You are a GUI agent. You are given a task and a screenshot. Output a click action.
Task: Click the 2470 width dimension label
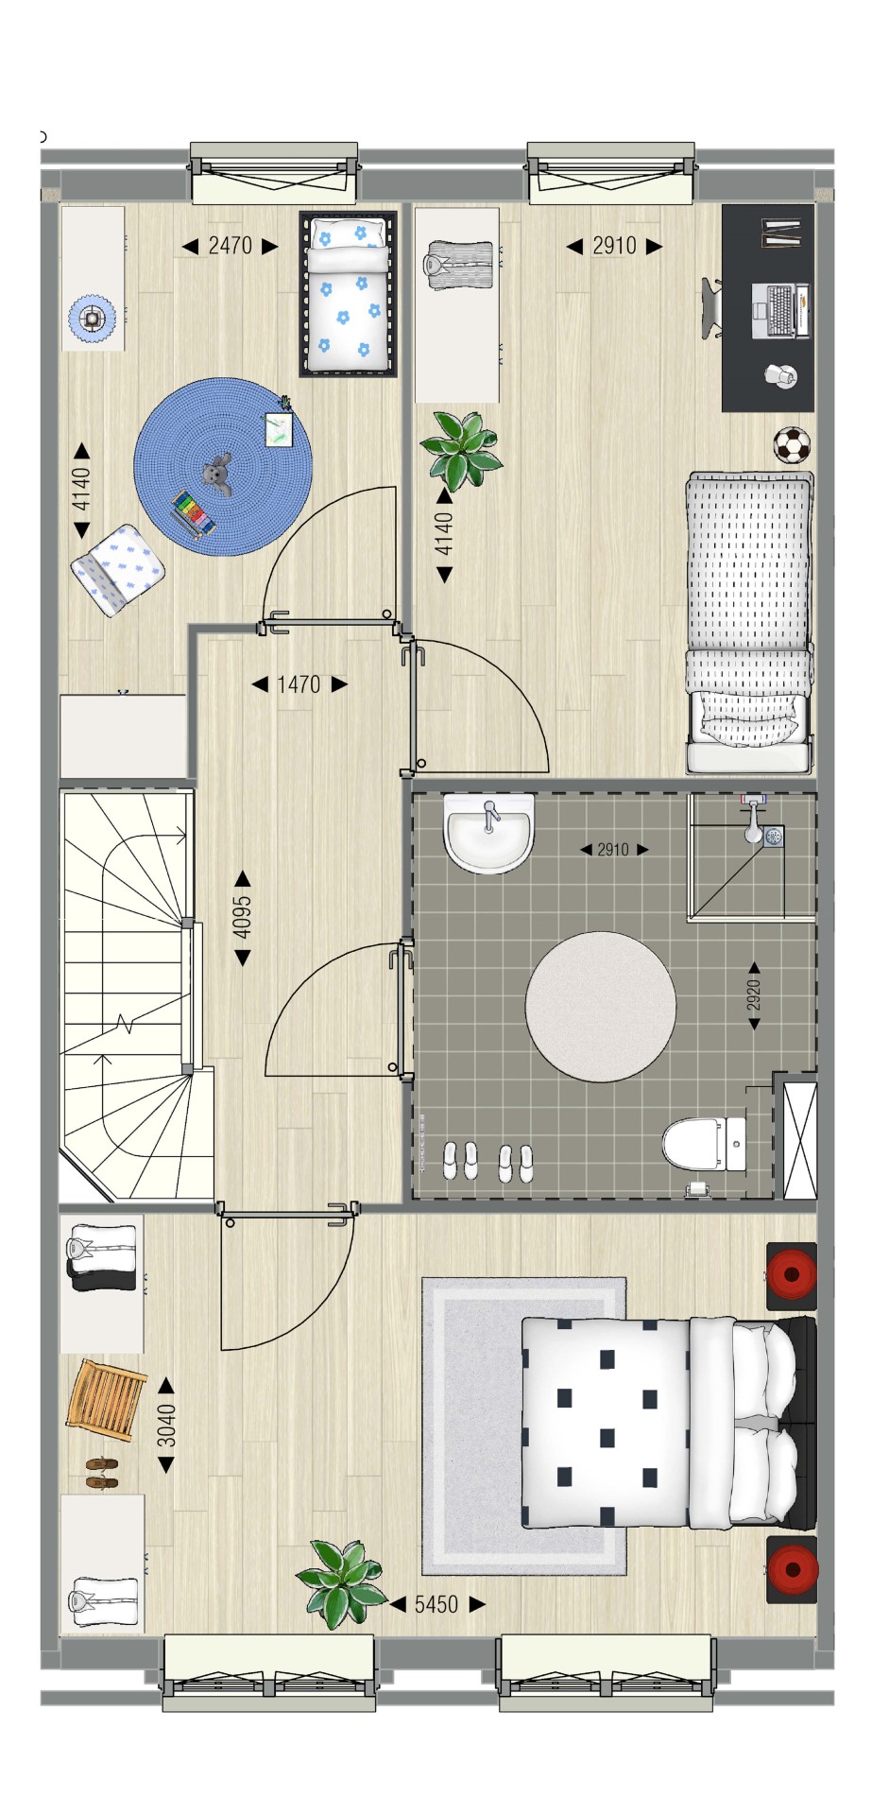point(230,246)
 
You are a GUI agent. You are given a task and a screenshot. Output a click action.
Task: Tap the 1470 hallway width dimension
point(299,684)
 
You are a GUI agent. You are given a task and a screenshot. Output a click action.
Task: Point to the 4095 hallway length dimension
point(243,918)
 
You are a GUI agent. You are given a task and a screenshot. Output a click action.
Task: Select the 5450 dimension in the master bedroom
point(436,1604)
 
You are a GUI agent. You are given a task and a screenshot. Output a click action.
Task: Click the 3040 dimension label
point(166,1425)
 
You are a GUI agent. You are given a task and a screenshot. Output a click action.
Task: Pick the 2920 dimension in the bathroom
point(754,995)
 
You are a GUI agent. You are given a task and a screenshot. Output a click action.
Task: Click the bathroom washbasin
point(489,832)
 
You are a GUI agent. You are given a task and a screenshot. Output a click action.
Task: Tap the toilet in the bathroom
point(704,1144)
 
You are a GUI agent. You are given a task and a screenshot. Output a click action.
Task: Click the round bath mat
point(601,1007)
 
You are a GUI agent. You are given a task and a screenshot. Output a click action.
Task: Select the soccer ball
point(793,445)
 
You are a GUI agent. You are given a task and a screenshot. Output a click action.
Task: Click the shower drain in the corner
point(774,837)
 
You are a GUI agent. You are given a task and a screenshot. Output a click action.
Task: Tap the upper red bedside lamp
point(792,1275)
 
